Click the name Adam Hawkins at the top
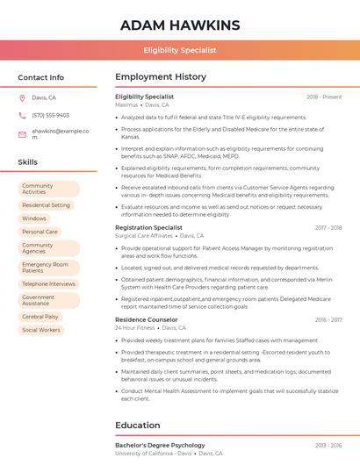tap(179, 25)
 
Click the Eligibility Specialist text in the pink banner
tap(180, 50)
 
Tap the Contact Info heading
tap(41, 77)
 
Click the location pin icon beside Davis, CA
tap(22, 98)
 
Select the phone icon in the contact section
tap(22, 115)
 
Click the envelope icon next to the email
tap(22, 133)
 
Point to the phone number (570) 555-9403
tap(50, 115)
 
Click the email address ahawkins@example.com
tap(60, 133)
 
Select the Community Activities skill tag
tap(48, 189)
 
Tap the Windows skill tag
tap(34, 218)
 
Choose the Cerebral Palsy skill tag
tap(40, 317)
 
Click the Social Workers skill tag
tap(41, 330)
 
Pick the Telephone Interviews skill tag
tap(48, 284)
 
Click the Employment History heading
tap(161, 77)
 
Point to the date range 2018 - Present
tap(324, 97)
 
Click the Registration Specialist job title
tap(148, 227)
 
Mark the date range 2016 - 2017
tap(328, 320)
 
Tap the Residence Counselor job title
tap(147, 320)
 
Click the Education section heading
tap(137, 426)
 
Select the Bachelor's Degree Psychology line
tap(160, 446)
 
